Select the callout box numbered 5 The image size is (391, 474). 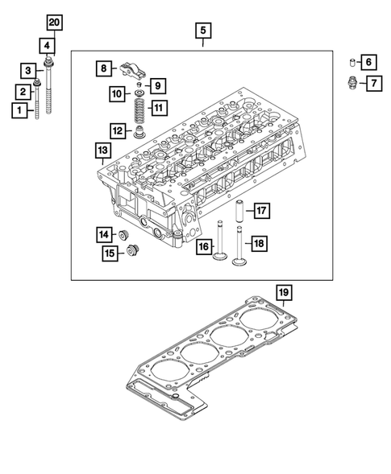tap(202, 31)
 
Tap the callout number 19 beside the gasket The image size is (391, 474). tap(282, 291)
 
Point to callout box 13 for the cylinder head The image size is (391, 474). tap(102, 150)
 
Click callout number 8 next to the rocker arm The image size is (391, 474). tap(102, 68)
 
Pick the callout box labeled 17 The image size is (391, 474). tap(262, 212)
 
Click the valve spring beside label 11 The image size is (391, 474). tap(138, 107)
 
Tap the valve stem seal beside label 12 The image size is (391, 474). tap(139, 130)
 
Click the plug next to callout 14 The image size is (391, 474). tap(124, 234)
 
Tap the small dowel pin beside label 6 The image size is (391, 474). tap(351, 62)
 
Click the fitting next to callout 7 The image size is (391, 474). tap(351, 82)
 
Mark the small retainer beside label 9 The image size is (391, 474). tap(139, 83)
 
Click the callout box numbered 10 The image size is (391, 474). tap(117, 94)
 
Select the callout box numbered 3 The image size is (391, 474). tap(27, 71)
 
